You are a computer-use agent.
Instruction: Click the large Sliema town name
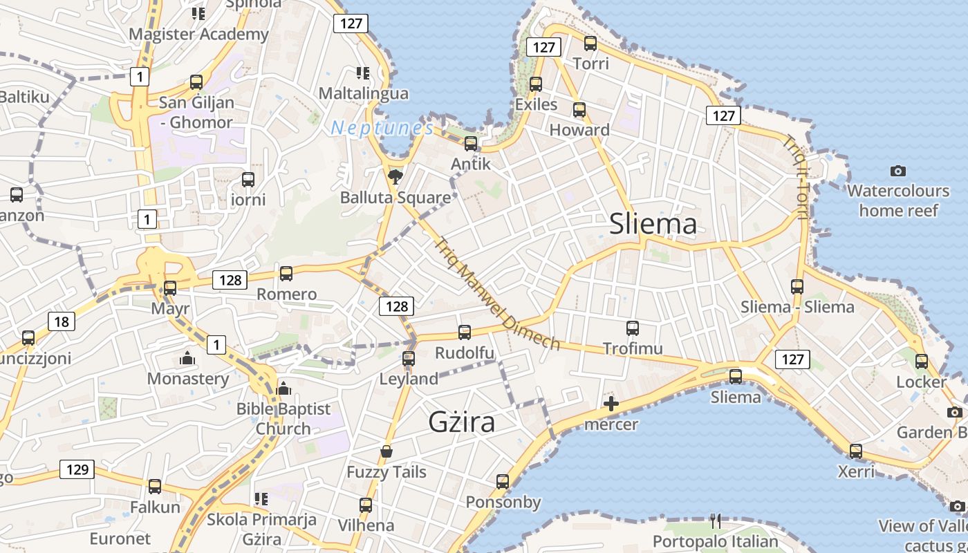coord(653,224)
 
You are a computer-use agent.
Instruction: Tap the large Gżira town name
coord(461,421)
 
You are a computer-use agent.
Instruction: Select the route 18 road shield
coord(61,321)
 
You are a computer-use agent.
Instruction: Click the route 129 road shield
coord(77,469)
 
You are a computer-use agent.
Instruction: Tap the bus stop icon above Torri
coord(590,44)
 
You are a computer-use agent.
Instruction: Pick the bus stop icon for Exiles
coord(536,84)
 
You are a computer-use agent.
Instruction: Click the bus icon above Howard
coord(579,110)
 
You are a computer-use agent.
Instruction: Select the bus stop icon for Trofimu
coord(633,328)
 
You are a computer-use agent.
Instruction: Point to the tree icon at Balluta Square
coord(395,178)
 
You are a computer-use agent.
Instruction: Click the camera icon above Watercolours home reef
coord(898,171)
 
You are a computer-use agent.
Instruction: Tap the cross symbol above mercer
coord(611,404)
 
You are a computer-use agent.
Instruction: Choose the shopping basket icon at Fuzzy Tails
coord(387,451)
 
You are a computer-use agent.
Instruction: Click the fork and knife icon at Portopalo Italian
coord(716,521)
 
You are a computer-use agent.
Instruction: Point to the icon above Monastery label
coord(187,358)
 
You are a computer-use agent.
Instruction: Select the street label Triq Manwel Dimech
coord(498,294)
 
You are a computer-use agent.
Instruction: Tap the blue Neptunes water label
coord(382,128)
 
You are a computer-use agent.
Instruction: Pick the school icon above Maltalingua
coord(363,73)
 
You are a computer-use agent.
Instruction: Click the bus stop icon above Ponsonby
coord(503,482)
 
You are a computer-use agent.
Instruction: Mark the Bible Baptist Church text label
coord(283,419)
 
